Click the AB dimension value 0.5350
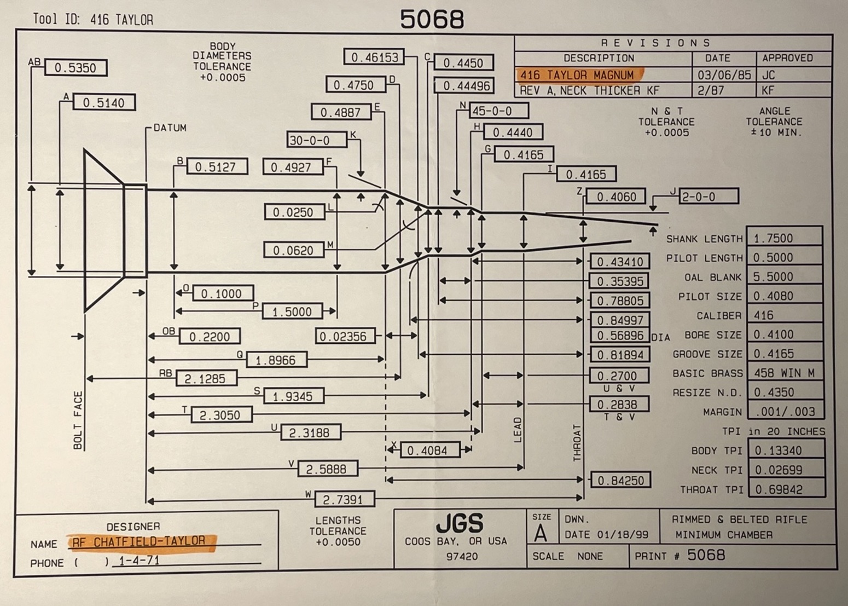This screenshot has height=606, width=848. pyautogui.click(x=75, y=68)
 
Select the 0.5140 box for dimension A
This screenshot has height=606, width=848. pyautogui.click(x=103, y=103)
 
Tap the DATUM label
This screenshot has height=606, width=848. pyautogui.click(x=170, y=128)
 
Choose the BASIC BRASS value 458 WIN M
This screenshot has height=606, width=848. pyautogui.click(x=784, y=373)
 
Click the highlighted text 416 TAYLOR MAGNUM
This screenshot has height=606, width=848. pyautogui.click(x=577, y=75)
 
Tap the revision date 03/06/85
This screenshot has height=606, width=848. pyautogui.click(x=724, y=75)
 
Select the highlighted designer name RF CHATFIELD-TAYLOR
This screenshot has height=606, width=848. pyautogui.click(x=139, y=542)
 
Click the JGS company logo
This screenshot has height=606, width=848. pyautogui.click(x=460, y=524)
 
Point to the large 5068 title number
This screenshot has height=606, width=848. pyautogui.click(x=432, y=20)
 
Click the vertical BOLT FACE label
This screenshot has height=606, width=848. pyautogui.click(x=78, y=420)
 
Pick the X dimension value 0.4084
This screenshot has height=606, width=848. pyautogui.click(x=427, y=451)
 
